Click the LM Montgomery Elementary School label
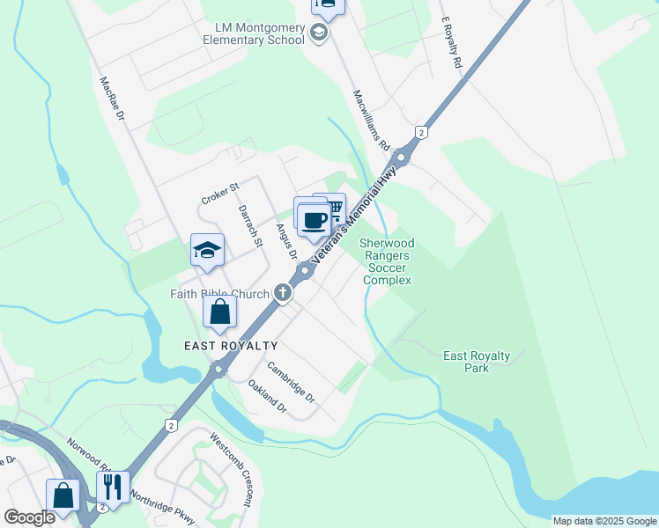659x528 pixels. click(253, 33)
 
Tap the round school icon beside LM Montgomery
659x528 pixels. click(319, 33)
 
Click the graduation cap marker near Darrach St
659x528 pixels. click(207, 251)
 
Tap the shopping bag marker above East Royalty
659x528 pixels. click(219, 312)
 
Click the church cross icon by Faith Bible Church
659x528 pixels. click(283, 292)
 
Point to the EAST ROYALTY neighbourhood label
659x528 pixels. click(231, 346)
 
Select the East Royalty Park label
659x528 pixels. click(477, 362)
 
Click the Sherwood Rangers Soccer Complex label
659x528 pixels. click(388, 261)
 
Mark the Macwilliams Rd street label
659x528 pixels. click(371, 120)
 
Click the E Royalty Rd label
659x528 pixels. click(450, 45)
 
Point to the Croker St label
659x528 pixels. click(220, 193)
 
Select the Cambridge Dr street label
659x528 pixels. click(292, 383)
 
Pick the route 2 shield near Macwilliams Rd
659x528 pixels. click(423, 132)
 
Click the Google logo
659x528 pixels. click(29, 517)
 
